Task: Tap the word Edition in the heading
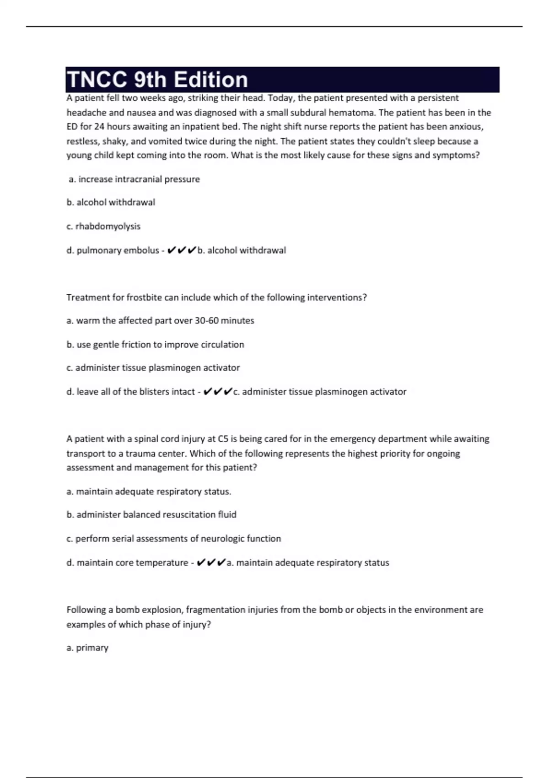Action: (211, 80)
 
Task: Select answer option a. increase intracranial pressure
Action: (134, 179)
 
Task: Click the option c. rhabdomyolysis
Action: (103, 227)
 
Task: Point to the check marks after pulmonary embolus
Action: (182, 250)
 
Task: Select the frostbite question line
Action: (216, 297)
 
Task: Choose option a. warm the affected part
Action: (160, 321)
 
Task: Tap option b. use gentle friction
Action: (155, 345)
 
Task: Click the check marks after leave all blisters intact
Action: (217, 392)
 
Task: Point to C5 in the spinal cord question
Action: (223, 439)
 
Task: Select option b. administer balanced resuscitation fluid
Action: (151, 515)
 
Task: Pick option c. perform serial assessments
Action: (173, 539)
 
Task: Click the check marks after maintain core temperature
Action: (211, 563)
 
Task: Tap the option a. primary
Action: (87, 648)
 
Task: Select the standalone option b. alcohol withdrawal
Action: (111, 202)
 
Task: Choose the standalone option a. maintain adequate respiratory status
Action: (149, 492)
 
